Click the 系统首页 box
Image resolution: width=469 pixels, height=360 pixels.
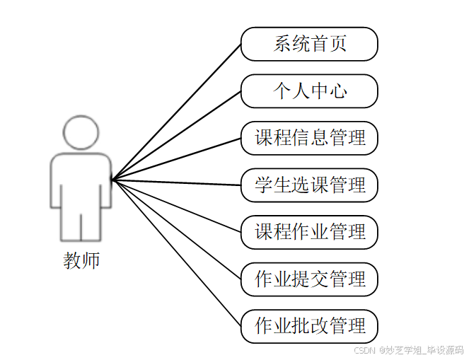pos(309,44)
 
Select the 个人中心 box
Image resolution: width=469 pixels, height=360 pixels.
pos(309,91)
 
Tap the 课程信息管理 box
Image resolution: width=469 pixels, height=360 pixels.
pos(309,138)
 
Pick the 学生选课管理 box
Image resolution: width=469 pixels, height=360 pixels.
pos(309,185)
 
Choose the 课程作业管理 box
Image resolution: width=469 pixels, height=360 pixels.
pos(309,232)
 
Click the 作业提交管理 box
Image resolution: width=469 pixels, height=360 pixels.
pos(309,279)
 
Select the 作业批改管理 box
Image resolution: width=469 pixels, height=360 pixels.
pos(309,326)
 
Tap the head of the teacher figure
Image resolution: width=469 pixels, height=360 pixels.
pos(81,132)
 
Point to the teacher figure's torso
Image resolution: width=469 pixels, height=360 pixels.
pos(81,177)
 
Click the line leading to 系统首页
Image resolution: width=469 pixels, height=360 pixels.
pos(177,112)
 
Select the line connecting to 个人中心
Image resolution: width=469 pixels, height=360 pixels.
pos(177,136)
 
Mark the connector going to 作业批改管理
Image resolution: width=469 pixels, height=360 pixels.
pos(177,253)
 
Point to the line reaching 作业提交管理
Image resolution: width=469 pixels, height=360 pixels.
pos(177,230)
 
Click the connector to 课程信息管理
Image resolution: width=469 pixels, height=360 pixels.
pos(177,159)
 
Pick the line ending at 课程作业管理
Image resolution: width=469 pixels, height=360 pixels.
pos(177,206)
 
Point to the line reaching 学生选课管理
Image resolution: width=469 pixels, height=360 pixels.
pos(177,182)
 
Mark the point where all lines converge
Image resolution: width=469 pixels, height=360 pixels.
pos(112,180)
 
